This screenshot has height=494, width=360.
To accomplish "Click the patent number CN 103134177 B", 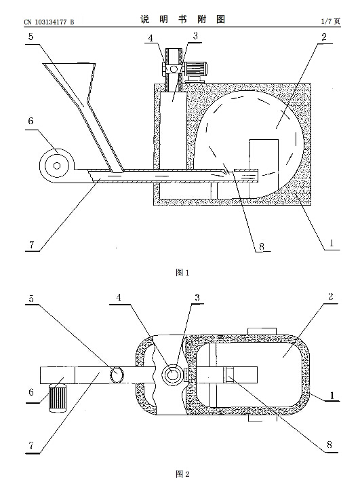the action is pos(49,22).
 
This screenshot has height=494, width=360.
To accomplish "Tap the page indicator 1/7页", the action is pos(331,21).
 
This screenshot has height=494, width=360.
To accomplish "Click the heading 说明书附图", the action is pos(182,20).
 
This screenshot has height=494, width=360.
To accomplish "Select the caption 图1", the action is pos(182,273).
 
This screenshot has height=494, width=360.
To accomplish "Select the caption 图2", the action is pos(182,474).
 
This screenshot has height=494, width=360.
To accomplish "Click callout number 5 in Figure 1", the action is pos(31,37).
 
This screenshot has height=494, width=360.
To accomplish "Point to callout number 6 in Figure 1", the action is pos(31,121).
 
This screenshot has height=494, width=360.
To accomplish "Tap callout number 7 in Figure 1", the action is pos(31,245).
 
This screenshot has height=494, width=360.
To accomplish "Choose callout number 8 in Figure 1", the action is pos(262,246).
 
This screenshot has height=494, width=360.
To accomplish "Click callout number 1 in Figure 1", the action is pos(331,243).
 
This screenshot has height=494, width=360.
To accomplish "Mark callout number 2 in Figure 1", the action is pos(324,37).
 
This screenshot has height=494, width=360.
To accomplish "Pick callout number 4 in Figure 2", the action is pos(119,297).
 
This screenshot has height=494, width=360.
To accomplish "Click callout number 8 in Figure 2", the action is pos(329,444).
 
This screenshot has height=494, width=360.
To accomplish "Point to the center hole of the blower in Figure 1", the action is pos(57,165).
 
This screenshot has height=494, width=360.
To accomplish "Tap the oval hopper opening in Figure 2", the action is pos(117,375).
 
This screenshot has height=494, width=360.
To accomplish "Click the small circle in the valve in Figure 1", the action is pos(174,69).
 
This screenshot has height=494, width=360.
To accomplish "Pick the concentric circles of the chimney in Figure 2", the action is pos(172,375).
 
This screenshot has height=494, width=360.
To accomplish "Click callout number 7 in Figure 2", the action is pos(31,446).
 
